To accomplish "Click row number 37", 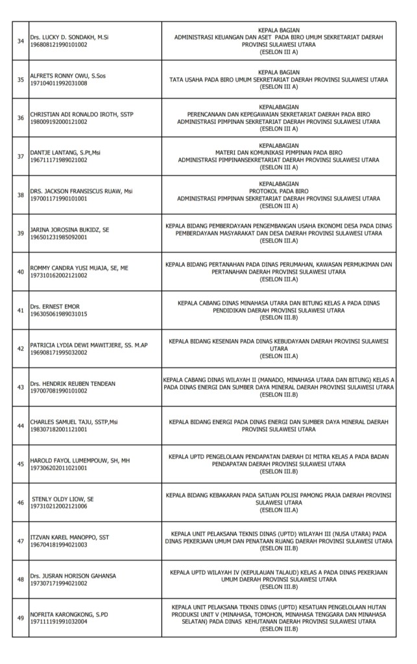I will click(20, 156).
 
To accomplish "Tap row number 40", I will click(20, 272).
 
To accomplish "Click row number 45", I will click(20, 464).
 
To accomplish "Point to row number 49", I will click(20, 617).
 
